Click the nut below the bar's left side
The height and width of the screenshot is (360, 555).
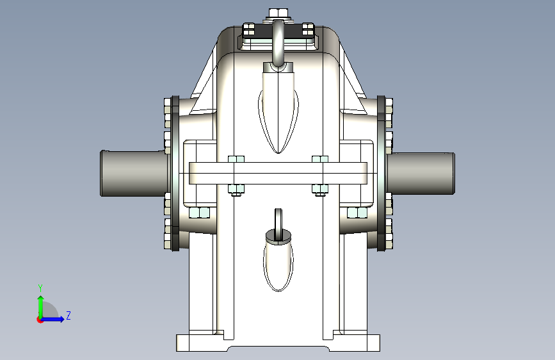click(x=236, y=188)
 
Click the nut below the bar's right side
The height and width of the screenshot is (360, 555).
click(x=319, y=188)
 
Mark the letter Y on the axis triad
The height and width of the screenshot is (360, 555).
click(x=40, y=288)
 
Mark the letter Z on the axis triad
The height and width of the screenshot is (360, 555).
click(x=68, y=316)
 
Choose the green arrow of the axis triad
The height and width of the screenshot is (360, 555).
click(x=40, y=304)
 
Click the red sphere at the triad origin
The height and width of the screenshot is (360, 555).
click(x=40, y=319)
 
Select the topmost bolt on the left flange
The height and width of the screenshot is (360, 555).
click(x=168, y=102)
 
